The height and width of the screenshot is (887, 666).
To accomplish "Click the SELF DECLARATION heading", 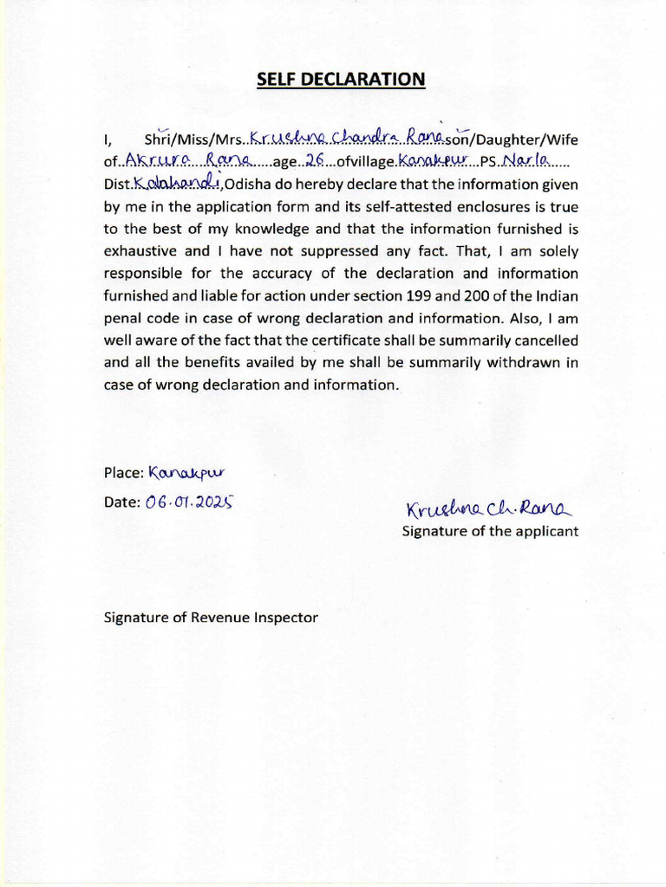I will pyautogui.click(x=341, y=80).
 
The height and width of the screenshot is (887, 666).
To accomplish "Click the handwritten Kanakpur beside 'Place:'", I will pyautogui.click(x=186, y=473).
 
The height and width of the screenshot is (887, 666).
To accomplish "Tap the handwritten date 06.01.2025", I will pyautogui.click(x=192, y=502).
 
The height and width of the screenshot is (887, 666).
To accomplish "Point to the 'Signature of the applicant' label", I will pyautogui.click(x=489, y=531).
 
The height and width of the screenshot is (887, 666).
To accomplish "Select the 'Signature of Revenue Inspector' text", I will pyautogui.click(x=211, y=618).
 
